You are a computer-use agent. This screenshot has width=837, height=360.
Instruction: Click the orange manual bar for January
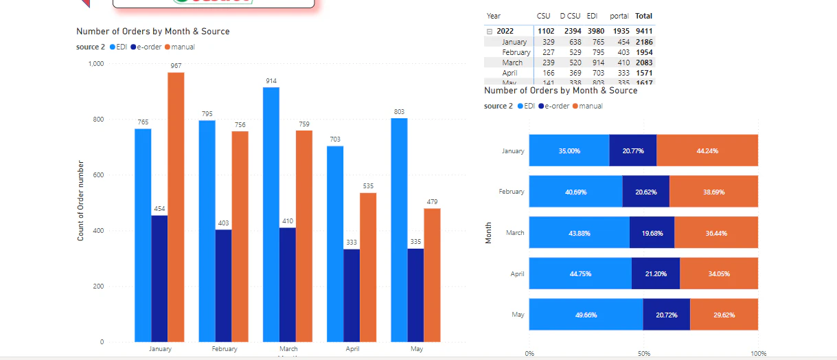coord(176,206)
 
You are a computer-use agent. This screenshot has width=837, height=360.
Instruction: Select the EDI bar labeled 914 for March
coord(271,214)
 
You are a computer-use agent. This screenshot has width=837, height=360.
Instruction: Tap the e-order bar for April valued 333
coord(352,295)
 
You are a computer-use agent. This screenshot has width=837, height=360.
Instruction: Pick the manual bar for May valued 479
coord(432,274)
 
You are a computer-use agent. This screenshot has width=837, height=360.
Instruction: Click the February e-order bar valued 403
coord(223,285)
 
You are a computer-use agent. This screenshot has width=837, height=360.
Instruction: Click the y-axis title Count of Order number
coord(81,201)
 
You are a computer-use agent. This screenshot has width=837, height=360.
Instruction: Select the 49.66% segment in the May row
coord(586,315)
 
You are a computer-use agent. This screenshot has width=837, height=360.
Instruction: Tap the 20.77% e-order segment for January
coord(632,150)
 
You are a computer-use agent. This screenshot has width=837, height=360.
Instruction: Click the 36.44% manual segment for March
coord(716,233)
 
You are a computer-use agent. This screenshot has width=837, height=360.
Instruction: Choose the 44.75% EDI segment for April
coord(580,273)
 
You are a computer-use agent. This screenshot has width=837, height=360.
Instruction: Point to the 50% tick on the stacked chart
coord(644,353)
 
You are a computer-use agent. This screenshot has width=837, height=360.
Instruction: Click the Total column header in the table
coord(643,16)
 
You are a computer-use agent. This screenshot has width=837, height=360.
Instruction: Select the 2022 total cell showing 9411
coord(643,31)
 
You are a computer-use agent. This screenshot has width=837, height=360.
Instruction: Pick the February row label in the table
coord(516,52)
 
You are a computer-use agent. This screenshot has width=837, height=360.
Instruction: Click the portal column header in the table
coord(619,16)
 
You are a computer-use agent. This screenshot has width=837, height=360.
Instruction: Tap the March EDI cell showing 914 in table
coord(595,63)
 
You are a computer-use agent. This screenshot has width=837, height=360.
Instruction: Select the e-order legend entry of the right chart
coord(554,106)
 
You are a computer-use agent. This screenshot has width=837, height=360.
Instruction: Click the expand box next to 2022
coord(490,31)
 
